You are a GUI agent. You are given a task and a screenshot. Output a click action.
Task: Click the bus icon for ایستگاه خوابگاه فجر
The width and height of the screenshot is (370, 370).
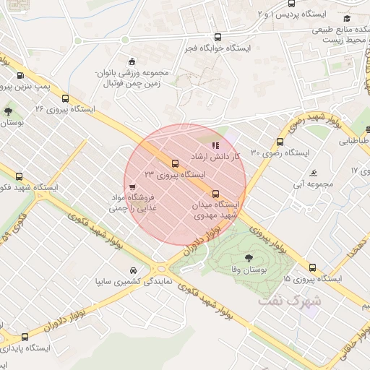(x=218, y=36)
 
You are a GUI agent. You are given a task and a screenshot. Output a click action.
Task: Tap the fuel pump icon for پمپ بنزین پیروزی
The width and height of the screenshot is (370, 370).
(x=19, y=75)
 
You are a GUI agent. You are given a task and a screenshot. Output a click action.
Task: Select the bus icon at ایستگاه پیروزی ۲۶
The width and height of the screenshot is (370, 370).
(x=66, y=98)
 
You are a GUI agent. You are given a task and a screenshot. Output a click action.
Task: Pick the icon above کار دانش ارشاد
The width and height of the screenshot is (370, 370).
(x=215, y=145)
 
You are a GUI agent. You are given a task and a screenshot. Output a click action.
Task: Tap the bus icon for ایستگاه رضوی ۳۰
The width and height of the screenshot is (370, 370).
(x=280, y=142)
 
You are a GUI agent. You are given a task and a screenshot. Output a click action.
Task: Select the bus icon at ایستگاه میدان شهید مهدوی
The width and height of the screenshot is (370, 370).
(x=215, y=194)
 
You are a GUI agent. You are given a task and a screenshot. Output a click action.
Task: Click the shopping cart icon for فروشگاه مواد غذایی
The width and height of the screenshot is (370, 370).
(x=130, y=193)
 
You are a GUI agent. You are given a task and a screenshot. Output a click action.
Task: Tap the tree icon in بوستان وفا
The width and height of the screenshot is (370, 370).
(x=249, y=257)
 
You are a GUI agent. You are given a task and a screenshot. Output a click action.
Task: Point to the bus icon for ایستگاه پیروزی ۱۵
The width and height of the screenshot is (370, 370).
(x=312, y=267)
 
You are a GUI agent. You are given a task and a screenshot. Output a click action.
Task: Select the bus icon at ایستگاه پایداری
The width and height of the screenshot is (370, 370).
(x=25, y=337)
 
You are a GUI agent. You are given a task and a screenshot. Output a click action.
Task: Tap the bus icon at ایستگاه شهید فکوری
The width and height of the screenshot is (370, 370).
(x=20, y=176)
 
